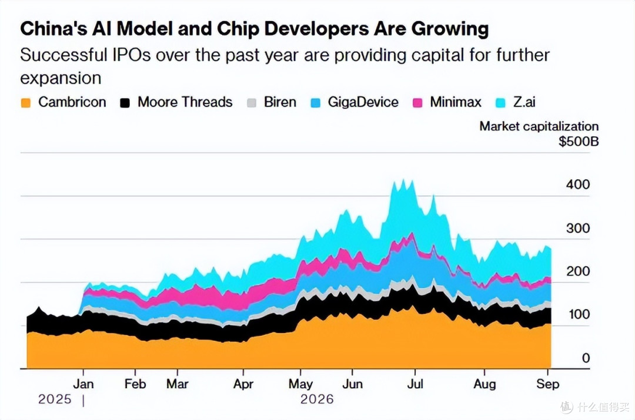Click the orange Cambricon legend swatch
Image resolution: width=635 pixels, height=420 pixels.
(x=26, y=103)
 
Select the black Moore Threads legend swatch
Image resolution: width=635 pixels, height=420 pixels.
(x=125, y=103)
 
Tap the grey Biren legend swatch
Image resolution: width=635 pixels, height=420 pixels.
(x=252, y=103)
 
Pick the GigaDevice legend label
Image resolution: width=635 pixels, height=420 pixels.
(x=363, y=102)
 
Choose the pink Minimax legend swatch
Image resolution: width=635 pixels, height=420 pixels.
(x=417, y=103)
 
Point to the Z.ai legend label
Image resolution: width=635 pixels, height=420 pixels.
(x=524, y=102)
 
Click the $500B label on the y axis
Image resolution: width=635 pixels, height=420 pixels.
(x=579, y=142)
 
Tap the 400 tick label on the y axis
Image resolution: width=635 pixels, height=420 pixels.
(x=578, y=184)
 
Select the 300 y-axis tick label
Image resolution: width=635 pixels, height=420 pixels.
(x=578, y=228)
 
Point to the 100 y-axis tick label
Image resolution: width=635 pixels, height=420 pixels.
(x=579, y=314)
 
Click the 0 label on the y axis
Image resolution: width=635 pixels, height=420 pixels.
(x=586, y=358)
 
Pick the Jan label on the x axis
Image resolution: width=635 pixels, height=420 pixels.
(x=83, y=384)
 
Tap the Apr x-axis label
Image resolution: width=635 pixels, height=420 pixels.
(x=243, y=384)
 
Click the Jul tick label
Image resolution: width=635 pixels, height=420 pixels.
(x=415, y=384)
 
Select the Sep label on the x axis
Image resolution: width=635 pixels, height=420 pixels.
(x=547, y=384)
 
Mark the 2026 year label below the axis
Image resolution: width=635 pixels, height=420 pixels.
(x=317, y=399)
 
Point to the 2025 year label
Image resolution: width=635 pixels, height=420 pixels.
(x=55, y=399)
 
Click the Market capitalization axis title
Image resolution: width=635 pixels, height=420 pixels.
(x=539, y=126)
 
